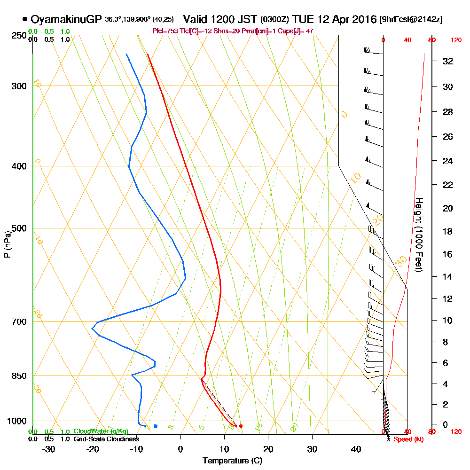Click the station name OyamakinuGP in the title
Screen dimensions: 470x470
[66, 19]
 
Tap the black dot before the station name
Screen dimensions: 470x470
[24, 20]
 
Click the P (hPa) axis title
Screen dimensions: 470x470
[7, 244]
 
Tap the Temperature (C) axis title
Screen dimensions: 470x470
[232, 461]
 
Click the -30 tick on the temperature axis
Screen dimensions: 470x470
[49, 449]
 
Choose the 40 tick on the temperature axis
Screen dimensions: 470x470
[356, 449]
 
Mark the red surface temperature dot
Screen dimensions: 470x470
[241, 426]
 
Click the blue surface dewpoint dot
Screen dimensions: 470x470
[155, 426]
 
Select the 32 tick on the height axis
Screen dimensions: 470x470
[448, 61]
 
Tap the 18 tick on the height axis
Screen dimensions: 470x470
[448, 231]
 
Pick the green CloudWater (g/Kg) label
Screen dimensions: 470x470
[101, 431]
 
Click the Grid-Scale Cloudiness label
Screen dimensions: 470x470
[106, 439]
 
